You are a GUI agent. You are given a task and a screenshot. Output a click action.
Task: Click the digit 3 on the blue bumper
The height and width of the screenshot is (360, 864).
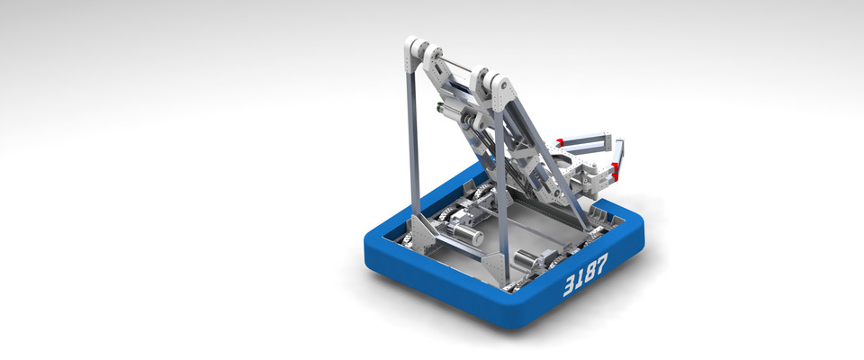coord(570,285)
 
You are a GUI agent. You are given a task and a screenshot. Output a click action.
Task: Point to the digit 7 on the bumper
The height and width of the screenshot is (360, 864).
coord(601,262)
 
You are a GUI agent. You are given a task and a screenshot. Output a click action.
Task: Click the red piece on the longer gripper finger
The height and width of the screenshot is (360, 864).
coord(560,141)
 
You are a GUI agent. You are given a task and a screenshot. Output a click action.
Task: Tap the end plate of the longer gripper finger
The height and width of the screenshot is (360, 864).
coord(607,142)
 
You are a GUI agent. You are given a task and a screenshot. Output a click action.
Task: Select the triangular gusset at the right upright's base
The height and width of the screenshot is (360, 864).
coord(492,265)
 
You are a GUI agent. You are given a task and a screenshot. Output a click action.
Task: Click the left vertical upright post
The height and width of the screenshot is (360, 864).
coord(413,144)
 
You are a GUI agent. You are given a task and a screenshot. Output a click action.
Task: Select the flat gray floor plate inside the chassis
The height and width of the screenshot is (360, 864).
coord(531,225)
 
